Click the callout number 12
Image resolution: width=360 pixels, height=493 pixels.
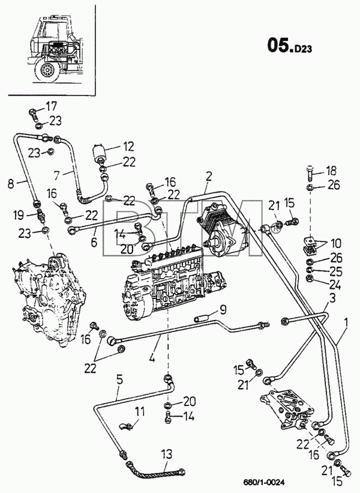tap(129, 147)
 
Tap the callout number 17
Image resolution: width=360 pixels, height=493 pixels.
tap(52, 106)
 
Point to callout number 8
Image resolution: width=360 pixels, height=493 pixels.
tap(11, 184)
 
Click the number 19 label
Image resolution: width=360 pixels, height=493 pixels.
tap(18, 215)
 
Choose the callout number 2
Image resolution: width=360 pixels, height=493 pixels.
tap(209, 177)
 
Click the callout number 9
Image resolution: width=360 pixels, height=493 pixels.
tap(232, 310)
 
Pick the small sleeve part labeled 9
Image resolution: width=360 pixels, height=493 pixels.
tap(200, 319)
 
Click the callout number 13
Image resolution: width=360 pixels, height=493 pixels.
tap(167, 454)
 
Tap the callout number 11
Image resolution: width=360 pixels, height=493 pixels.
tap(140, 411)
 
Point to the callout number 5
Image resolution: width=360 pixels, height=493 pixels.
tap(119, 380)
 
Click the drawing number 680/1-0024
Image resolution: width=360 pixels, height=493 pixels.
tap(261, 483)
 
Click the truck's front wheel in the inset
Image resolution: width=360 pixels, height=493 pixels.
tap(46, 70)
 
